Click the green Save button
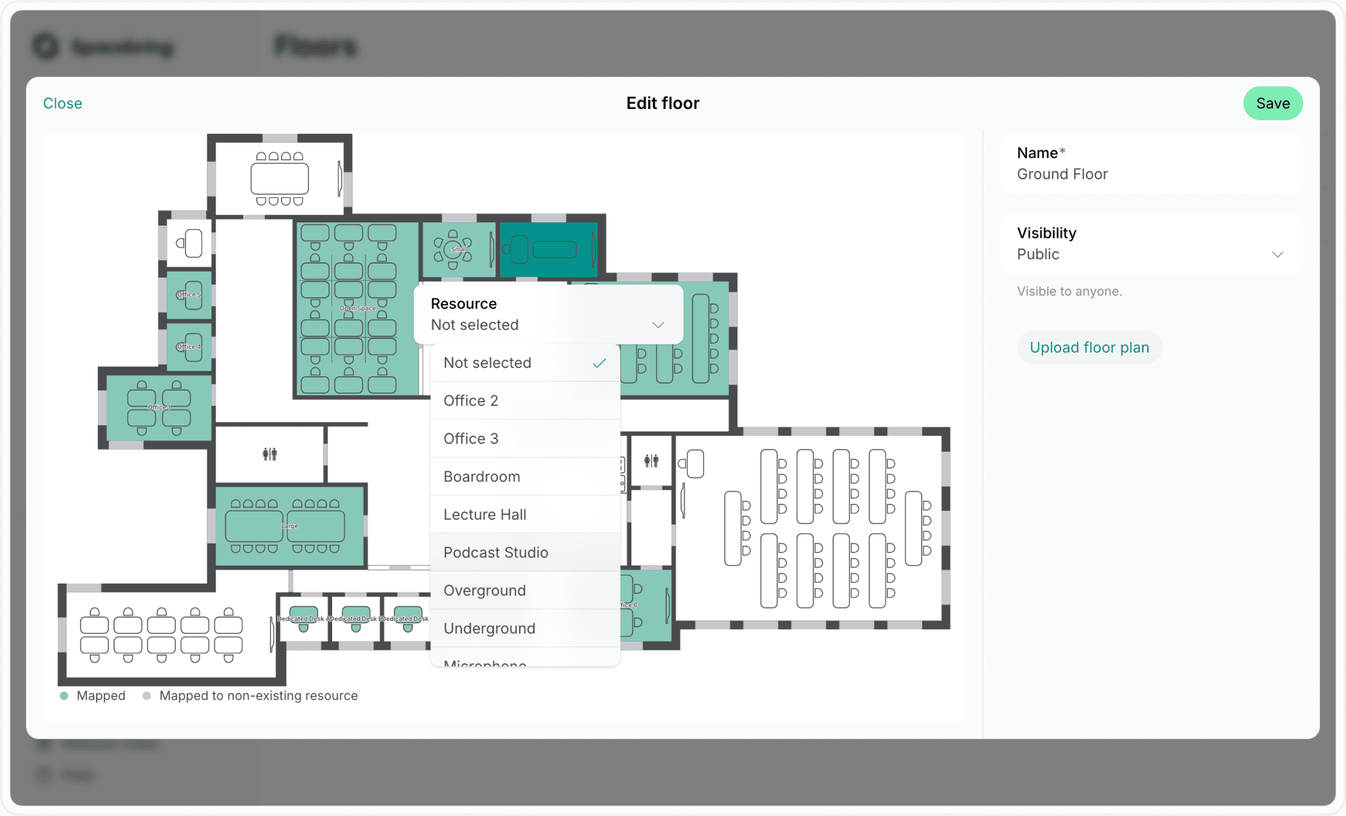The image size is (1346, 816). pyautogui.click(x=1272, y=103)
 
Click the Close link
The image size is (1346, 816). pyautogui.click(x=62, y=103)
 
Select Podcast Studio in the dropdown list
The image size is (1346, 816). pyautogui.click(x=495, y=553)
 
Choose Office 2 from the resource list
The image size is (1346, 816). pyautogui.click(x=470, y=401)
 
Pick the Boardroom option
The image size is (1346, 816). pyautogui.click(x=481, y=477)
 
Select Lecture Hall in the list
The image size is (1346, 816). pyautogui.click(x=484, y=515)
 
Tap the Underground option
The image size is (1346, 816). pyautogui.click(x=489, y=629)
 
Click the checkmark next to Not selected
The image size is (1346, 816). pyautogui.click(x=599, y=363)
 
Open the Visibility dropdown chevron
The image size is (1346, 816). pyautogui.click(x=1277, y=254)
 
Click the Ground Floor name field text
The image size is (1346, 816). pyautogui.click(x=1062, y=174)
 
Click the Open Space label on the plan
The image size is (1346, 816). pyautogui.click(x=358, y=308)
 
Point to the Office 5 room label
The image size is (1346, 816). pyautogui.click(x=188, y=295)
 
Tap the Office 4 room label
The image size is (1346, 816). pyautogui.click(x=188, y=347)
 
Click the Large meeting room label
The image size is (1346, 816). pyautogui.click(x=290, y=526)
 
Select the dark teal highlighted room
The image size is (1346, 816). pyautogui.click(x=548, y=250)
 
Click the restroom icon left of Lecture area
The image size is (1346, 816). pyautogui.click(x=651, y=461)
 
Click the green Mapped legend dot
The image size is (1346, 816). pyautogui.click(x=64, y=696)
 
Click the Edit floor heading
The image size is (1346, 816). pyautogui.click(x=662, y=103)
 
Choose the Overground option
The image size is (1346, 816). pyautogui.click(x=484, y=591)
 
